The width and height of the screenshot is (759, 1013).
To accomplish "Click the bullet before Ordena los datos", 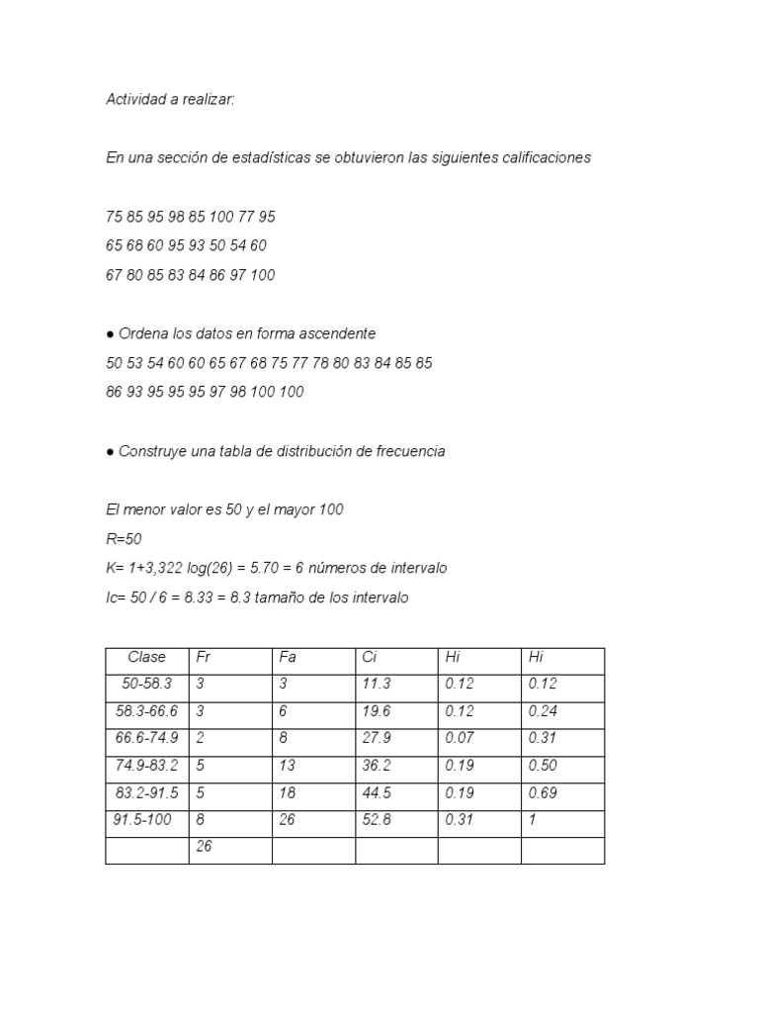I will pyautogui.click(x=110, y=334).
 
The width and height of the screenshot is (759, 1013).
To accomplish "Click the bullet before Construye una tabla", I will pyautogui.click(x=110, y=451).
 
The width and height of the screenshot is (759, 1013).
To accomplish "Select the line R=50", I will pyautogui.click(x=124, y=539).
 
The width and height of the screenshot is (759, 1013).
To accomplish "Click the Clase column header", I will pyautogui.click(x=146, y=658).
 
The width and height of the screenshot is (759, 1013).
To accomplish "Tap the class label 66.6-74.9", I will pyautogui.click(x=146, y=739).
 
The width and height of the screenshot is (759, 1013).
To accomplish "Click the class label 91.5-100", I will pyautogui.click(x=140, y=820).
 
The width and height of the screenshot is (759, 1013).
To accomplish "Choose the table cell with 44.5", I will pyautogui.click(x=378, y=793).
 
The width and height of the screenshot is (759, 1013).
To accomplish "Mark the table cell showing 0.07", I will pyautogui.click(x=461, y=739).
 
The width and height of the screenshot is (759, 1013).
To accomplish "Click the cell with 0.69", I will pyautogui.click(x=544, y=793).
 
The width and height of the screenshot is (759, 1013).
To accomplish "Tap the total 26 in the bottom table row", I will pyautogui.click(x=205, y=847).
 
